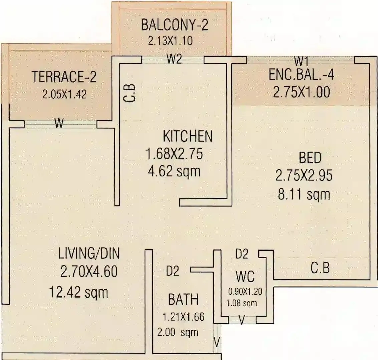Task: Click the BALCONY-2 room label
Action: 174,25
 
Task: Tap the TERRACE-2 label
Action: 64,77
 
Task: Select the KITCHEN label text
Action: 187,136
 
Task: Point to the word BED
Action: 310,158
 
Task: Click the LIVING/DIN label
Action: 89,254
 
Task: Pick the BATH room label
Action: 183,299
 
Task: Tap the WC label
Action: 245,277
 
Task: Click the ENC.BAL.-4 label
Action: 301,75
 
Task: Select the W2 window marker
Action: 174,59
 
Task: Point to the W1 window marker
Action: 301,61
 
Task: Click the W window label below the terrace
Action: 59,124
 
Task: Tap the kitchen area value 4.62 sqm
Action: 174,171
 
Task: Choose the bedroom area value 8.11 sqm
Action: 304,194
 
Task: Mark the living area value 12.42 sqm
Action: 79,293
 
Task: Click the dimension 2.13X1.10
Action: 170,41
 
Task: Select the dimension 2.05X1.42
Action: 64,94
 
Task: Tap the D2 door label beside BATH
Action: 172,271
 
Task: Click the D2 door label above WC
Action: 242,254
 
